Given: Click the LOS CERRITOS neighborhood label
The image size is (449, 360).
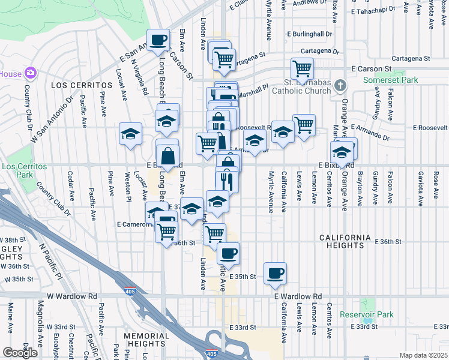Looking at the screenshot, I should (x=82, y=86).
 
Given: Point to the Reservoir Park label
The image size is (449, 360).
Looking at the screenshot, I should (x=367, y=314).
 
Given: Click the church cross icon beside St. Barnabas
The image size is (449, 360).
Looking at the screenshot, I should (x=340, y=85).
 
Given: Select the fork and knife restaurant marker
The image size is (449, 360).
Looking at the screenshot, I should (x=227, y=179).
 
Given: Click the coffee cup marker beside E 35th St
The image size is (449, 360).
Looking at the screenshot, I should (x=275, y=273).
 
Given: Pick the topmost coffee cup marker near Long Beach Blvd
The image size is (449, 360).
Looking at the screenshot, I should (x=158, y=40).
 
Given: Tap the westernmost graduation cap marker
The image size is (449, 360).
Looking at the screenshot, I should (x=130, y=134).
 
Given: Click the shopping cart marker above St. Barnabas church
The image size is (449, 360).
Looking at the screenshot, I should (x=302, y=68).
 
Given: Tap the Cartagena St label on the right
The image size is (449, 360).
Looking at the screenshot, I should (x=411, y=59).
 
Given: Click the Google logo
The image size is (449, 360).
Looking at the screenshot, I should (x=20, y=353).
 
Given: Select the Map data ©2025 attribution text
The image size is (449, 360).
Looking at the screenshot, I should (x=423, y=355).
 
